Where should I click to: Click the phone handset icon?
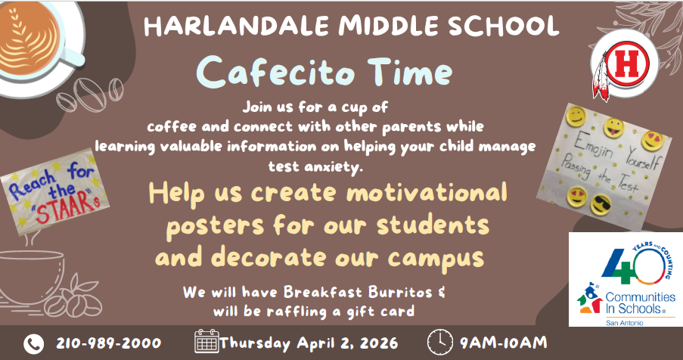pos(34,343)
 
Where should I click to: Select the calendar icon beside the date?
pos(206,342)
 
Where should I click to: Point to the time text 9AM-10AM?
pos(502,343)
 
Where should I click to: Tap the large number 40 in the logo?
pos(633,260)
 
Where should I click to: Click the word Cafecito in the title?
pos(265,74)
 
